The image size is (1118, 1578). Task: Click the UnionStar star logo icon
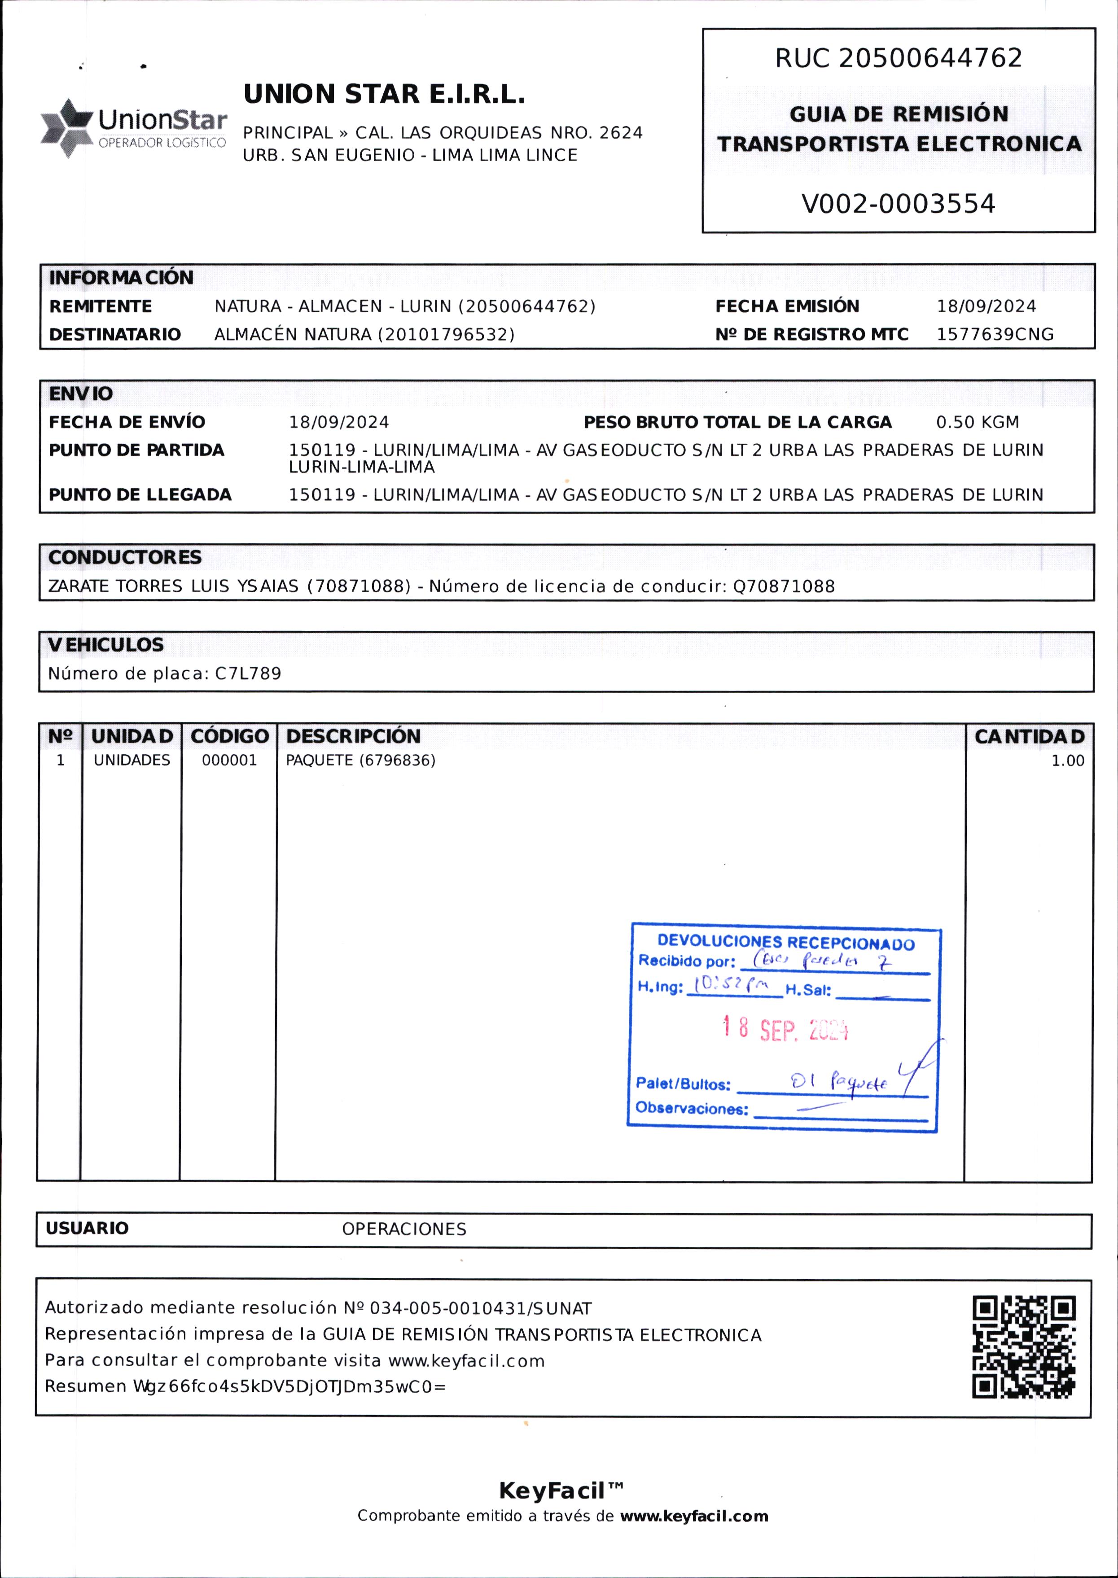pos(67,129)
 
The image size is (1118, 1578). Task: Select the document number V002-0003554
pos(899,204)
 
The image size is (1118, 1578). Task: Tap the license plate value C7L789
pos(248,674)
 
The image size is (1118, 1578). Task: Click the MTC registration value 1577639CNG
pos(995,334)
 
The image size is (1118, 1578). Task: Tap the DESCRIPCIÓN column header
pos(353,736)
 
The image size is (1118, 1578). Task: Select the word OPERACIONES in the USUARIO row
pos(404,1229)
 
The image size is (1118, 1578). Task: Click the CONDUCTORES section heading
pos(125,557)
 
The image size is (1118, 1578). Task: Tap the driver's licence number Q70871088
pos(784,586)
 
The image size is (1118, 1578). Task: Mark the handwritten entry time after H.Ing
pos(731,985)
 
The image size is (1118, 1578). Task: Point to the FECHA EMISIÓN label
pos(787,306)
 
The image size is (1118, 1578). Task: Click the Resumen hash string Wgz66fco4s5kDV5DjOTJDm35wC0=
pos(290,1386)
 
